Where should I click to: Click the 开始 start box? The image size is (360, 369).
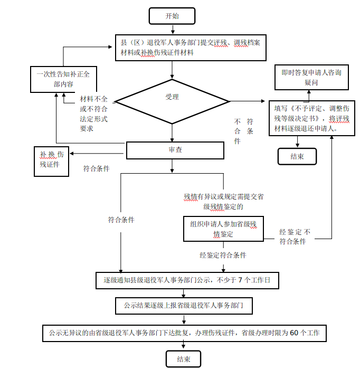[x=172, y=16]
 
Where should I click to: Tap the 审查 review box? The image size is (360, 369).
[x=175, y=150]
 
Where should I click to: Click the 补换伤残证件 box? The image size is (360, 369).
[x=51, y=160]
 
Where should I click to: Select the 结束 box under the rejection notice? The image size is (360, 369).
[x=297, y=156]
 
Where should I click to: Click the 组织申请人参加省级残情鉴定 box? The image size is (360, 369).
[x=223, y=228]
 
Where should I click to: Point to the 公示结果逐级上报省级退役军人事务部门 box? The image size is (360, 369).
[x=184, y=305]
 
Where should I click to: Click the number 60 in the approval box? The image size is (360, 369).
[x=295, y=333]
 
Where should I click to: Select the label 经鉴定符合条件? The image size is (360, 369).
[x=223, y=255]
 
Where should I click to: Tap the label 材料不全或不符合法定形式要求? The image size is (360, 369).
[x=93, y=113]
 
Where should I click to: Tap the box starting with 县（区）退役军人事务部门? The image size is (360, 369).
[x=190, y=48]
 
